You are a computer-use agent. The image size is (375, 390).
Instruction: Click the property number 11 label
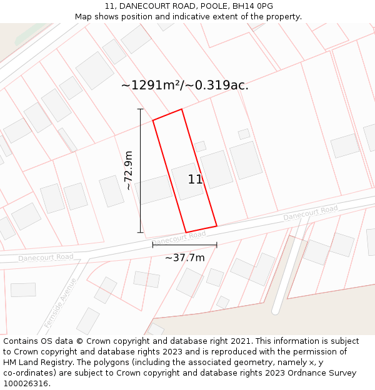click(x=195, y=180)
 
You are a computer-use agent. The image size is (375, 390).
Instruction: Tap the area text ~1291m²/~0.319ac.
click(x=184, y=85)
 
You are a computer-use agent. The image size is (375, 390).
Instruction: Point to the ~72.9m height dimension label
click(x=129, y=170)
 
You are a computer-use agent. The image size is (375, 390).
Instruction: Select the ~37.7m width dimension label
click(x=184, y=258)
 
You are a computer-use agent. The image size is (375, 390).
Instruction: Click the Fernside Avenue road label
click(x=60, y=302)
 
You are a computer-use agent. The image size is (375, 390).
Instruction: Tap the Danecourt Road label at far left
click(x=46, y=257)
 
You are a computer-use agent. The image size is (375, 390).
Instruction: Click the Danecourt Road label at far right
click(x=311, y=212)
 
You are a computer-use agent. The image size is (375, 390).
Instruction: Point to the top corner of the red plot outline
click(x=182, y=110)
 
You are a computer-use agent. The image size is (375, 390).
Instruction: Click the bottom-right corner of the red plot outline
click(x=216, y=225)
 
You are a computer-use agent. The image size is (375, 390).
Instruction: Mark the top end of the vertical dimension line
click(x=140, y=110)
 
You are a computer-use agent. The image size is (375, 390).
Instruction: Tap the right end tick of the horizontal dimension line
click(x=216, y=245)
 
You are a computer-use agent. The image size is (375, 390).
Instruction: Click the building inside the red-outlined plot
click(x=187, y=180)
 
